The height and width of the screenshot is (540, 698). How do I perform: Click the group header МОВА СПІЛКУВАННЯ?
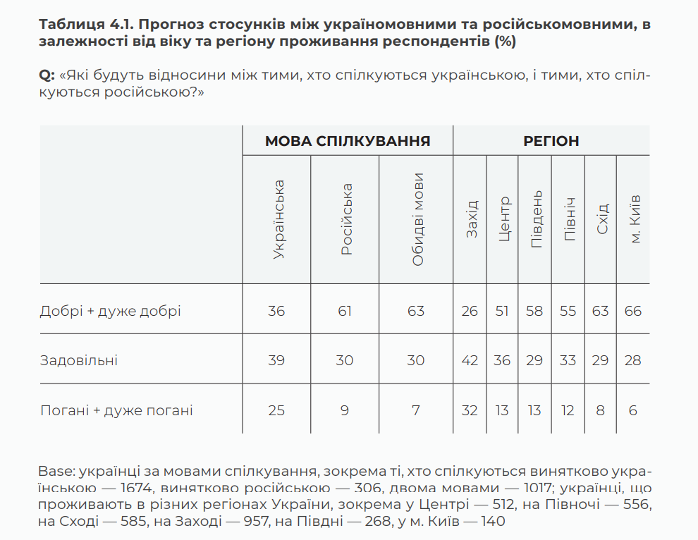pos(348,141)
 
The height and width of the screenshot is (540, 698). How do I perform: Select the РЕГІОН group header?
pos(551,141)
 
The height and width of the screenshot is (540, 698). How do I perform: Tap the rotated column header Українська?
pos(278,219)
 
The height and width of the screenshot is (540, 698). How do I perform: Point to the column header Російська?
pos(346,219)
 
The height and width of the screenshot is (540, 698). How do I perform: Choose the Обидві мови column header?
pos(417,219)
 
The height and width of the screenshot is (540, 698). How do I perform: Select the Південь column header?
pos(536,219)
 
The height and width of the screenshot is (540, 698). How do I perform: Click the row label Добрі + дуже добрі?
pos(111,311)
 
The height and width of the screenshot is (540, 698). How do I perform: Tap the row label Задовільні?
pos(79,361)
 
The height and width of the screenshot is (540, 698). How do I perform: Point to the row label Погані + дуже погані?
pos(116,411)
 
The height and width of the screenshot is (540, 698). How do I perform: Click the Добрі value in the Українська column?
pos(276,311)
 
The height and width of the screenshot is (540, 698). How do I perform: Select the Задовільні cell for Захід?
pos(470,361)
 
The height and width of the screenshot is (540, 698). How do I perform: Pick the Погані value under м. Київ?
pos(633,411)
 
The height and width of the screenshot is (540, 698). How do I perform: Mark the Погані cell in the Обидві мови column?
pos(416,411)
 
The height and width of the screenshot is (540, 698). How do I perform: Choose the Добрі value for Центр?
pos(502,311)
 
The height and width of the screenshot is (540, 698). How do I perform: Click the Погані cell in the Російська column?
pos(345,411)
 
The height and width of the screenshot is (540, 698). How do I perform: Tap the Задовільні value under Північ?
pos(568,361)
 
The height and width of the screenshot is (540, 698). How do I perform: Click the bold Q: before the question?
pos(47,75)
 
